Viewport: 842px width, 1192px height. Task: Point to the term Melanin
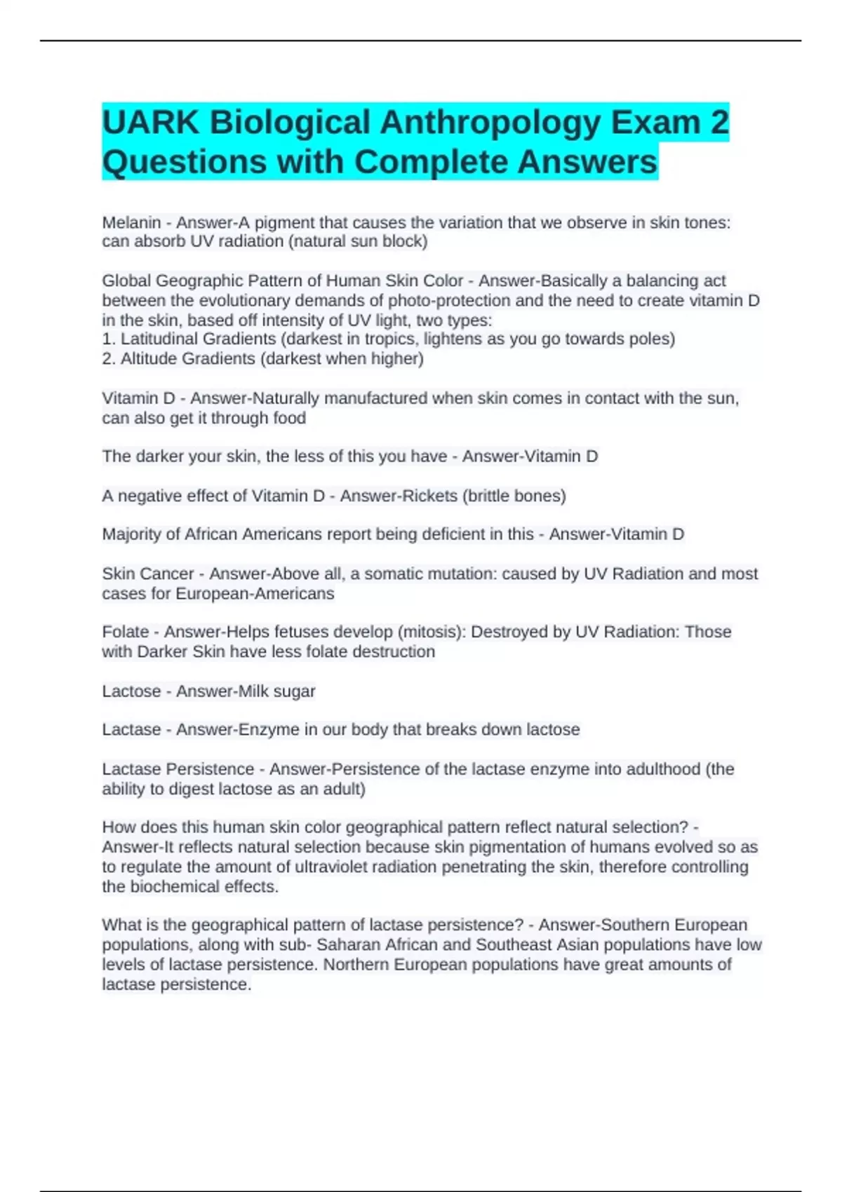tap(131, 223)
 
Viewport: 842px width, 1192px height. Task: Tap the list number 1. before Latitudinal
tap(109, 339)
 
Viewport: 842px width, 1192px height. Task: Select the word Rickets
tap(429, 496)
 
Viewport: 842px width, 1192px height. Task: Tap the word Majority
tap(131, 534)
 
